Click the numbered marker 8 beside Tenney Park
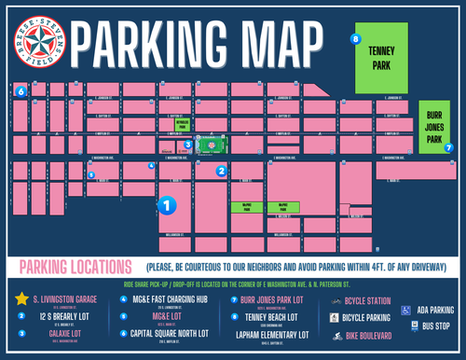[355, 38]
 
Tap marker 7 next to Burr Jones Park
[448, 147]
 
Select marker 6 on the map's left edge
[20, 91]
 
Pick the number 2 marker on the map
[222, 171]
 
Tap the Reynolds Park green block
[183, 123]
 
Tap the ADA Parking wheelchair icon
[406, 309]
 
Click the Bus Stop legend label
[435, 327]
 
